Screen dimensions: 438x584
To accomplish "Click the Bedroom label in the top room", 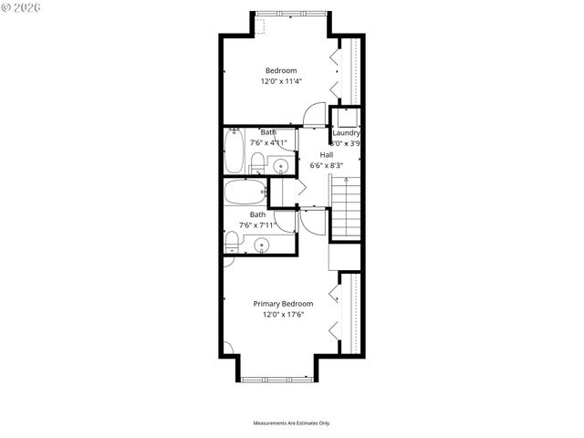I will [x=281, y=71].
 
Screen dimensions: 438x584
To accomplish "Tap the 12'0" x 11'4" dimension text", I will [x=281, y=81].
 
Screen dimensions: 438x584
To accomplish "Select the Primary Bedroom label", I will [x=283, y=304].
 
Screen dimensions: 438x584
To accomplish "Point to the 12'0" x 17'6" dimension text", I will [x=283, y=315].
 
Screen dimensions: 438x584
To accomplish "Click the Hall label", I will [x=326, y=154].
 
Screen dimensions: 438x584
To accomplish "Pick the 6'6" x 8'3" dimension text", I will [x=326, y=165].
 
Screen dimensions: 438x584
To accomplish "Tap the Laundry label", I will [x=346, y=132].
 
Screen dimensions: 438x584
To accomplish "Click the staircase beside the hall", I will [x=346, y=208].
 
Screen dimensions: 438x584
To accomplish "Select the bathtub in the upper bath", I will [x=235, y=152].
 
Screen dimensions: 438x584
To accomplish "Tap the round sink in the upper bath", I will [x=281, y=166].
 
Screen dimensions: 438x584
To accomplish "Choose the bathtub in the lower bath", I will [x=244, y=193].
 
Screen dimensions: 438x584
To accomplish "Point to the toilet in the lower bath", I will [x=232, y=242].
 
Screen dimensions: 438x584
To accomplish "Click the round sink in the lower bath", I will [x=263, y=245].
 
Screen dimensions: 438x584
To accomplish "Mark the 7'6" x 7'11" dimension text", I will [x=257, y=225].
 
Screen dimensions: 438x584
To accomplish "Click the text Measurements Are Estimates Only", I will [x=291, y=423].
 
